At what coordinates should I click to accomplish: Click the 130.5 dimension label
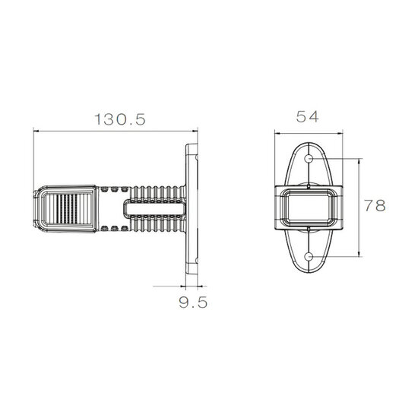tap(120, 119)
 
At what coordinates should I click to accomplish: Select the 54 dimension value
tap(307, 117)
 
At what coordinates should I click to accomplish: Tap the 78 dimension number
tap(375, 205)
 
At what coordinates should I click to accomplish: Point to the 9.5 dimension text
tap(193, 302)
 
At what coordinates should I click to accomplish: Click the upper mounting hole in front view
tap(309, 159)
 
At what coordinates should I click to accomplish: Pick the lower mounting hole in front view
tap(309, 257)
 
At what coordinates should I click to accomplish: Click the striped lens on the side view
tap(68, 209)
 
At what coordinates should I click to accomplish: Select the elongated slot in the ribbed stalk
tap(154, 209)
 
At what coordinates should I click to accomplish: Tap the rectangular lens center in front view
tap(309, 207)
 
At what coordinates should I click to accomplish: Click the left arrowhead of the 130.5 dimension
tap(36, 131)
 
